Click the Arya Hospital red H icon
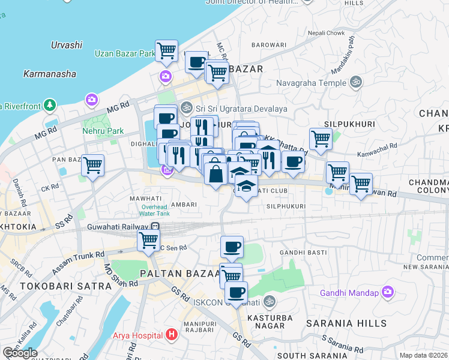click(172, 334)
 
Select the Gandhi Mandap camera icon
click(388, 292)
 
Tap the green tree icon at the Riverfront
click(50, 106)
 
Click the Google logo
click(20, 353)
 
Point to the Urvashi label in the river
click(67, 45)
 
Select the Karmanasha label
click(49, 74)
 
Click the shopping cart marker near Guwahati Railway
click(148, 240)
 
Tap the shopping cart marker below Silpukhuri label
click(321, 139)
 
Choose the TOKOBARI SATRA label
click(58, 286)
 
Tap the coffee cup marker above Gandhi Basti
click(232, 247)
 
